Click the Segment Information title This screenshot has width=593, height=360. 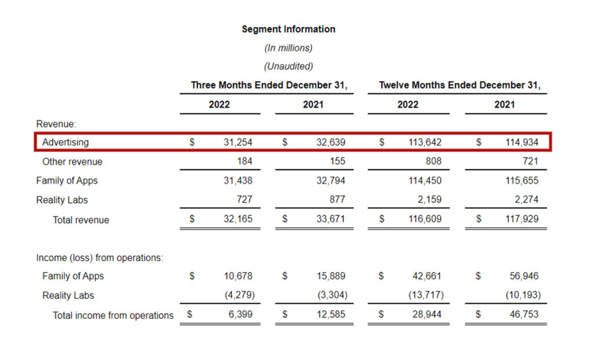click(x=288, y=29)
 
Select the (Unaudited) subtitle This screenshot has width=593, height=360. click(x=288, y=66)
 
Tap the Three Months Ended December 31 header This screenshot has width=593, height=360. click(x=269, y=85)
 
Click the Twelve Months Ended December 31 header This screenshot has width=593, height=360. click(x=459, y=85)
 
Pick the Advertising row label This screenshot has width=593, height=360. click(x=65, y=142)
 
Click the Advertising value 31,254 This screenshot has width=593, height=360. click(x=238, y=142)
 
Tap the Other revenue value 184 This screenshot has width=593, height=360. click(x=244, y=161)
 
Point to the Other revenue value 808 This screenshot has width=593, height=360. click(x=433, y=161)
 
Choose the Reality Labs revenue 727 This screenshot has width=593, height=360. click(x=244, y=200)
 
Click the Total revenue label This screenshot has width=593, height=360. click(x=80, y=220)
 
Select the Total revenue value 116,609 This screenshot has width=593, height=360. click(x=425, y=220)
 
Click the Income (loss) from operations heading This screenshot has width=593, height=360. click(x=100, y=258)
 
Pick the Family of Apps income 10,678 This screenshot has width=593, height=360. click(x=238, y=276)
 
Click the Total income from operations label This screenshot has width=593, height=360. click(x=113, y=315)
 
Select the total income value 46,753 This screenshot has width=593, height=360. click(x=524, y=315)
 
